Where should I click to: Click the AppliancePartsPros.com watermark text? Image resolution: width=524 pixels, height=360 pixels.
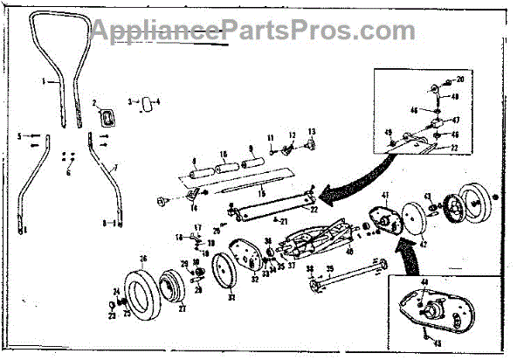pos(262,31)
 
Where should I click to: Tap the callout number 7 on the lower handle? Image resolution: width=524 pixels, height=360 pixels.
pos(115,164)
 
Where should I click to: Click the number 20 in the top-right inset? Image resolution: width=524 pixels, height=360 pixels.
pos(460,80)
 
